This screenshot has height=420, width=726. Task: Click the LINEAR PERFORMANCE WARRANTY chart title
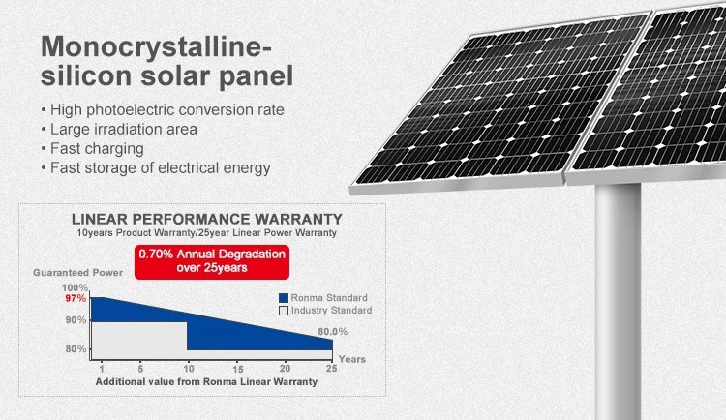(x=207, y=220)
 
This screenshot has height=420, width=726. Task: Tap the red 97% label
(x=76, y=299)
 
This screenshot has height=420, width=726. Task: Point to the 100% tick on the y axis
(x=76, y=288)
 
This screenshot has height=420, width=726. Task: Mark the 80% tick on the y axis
(x=76, y=348)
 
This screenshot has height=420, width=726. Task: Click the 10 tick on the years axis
(x=188, y=368)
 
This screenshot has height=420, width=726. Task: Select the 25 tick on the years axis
(x=331, y=368)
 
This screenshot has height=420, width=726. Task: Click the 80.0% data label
(x=332, y=332)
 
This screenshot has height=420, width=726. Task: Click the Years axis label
(x=352, y=359)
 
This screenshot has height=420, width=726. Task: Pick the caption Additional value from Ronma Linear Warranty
(x=206, y=382)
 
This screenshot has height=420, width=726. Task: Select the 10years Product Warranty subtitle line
(x=207, y=234)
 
